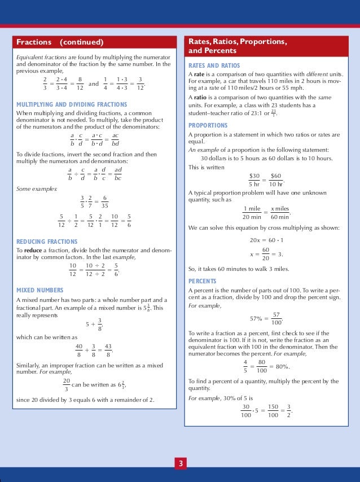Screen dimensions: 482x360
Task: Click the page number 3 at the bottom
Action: (180, 464)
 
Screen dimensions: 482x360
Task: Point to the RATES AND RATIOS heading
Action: (212, 66)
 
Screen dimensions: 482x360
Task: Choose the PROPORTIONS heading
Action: (208, 125)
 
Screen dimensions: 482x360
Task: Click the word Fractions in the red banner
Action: (34, 42)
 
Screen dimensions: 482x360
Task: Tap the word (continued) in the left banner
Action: (82, 42)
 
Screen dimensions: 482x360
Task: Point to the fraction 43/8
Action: (108, 351)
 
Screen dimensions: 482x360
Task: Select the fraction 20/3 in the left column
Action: (67, 385)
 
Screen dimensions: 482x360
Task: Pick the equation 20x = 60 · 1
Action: (267, 240)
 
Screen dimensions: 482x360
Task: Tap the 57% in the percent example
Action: (257, 318)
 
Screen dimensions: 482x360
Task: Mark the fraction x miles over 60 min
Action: (279, 213)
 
